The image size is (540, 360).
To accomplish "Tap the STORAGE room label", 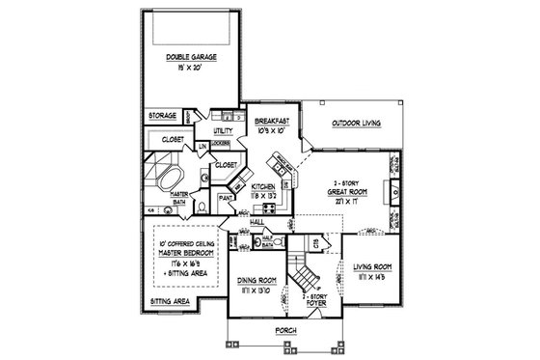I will [x=162, y=115].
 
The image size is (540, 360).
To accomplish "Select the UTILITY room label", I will [x=223, y=128].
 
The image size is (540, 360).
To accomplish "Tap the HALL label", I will [x=256, y=222].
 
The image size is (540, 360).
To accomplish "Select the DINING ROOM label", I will [x=257, y=281].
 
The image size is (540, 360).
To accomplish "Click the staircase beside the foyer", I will [x=305, y=279].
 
